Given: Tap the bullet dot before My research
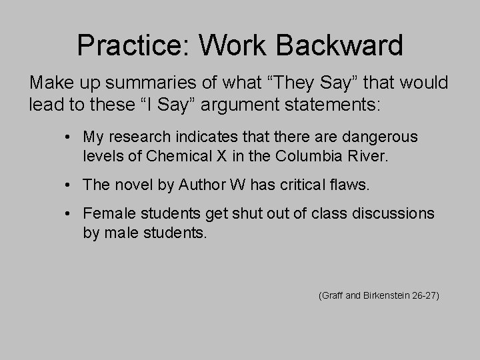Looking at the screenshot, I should (69, 137).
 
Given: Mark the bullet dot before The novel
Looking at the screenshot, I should (69, 185).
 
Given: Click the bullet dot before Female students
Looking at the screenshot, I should (69, 215).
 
